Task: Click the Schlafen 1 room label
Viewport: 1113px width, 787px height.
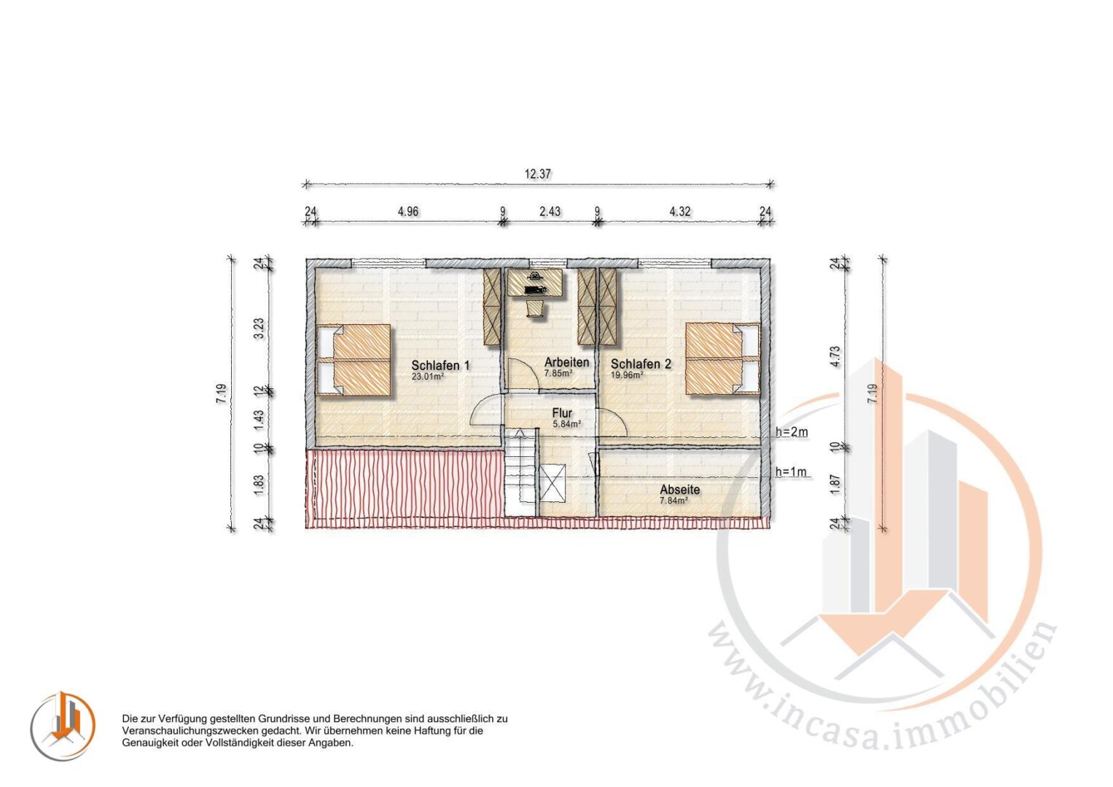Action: tap(440, 366)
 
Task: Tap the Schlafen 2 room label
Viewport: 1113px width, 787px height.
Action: tap(641, 364)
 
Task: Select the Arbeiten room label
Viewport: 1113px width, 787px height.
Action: tap(566, 362)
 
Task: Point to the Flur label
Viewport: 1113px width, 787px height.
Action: tap(562, 413)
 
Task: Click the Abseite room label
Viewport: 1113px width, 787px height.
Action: tap(680, 490)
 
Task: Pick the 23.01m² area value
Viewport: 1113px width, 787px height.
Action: tap(428, 377)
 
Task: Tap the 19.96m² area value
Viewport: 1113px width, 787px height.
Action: tap(627, 375)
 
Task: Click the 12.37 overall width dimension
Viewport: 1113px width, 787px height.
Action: tap(538, 174)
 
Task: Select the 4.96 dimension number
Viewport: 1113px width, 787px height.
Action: tap(408, 211)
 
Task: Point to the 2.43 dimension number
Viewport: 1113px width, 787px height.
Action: tap(550, 211)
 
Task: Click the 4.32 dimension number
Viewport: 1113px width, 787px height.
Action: tap(680, 211)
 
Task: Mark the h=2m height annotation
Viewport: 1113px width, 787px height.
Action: tap(792, 432)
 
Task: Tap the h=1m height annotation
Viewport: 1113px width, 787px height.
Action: tap(791, 471)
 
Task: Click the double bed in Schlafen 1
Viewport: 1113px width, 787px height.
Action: tap(354, 360)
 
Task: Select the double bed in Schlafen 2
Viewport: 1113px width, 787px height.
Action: tap(723, 359)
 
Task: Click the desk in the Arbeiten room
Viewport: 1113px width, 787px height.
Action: tap(536, 283)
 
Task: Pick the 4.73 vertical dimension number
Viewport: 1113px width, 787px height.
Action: tap(835, 356)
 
